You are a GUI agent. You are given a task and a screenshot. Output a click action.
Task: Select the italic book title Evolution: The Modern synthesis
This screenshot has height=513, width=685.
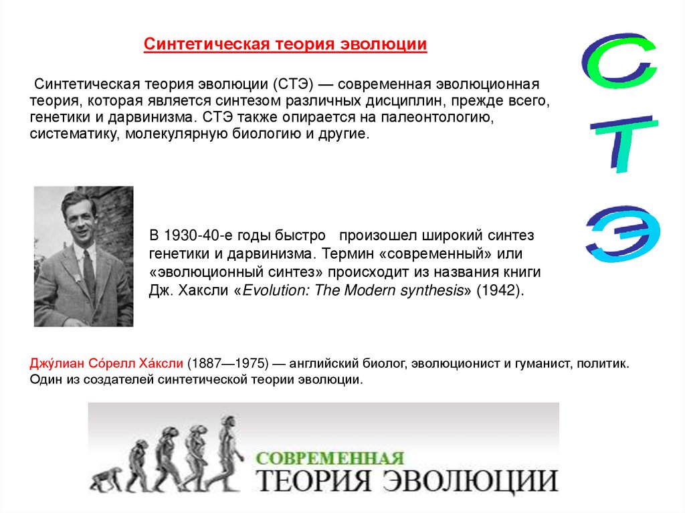click(353, 292)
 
